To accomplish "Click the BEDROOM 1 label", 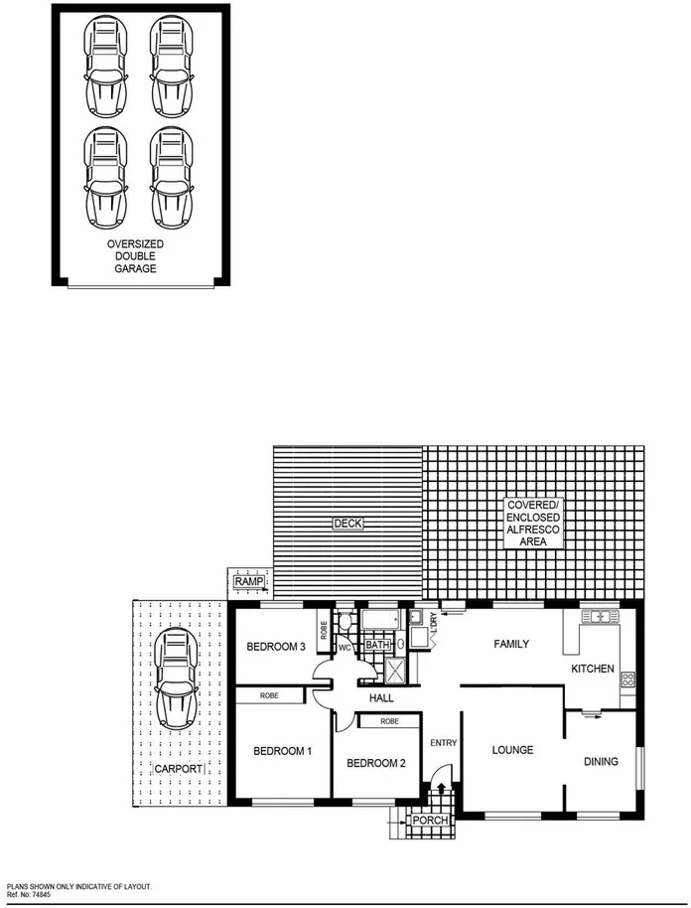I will [282, 751].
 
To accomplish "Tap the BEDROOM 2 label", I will [375, 763].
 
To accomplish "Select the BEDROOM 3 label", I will [275, 647].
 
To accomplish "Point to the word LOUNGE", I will [512, 750].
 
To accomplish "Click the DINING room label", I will [601, 762].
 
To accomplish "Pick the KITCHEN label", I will [592, 669].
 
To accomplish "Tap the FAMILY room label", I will [511, 644].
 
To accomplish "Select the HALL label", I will [382, 699].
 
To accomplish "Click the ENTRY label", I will [442, 742].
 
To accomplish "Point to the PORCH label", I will [431, 821].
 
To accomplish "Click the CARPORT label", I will [179, 769].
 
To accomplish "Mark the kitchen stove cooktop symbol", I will [627, 681].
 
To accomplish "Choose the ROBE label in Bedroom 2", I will [389, 721].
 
